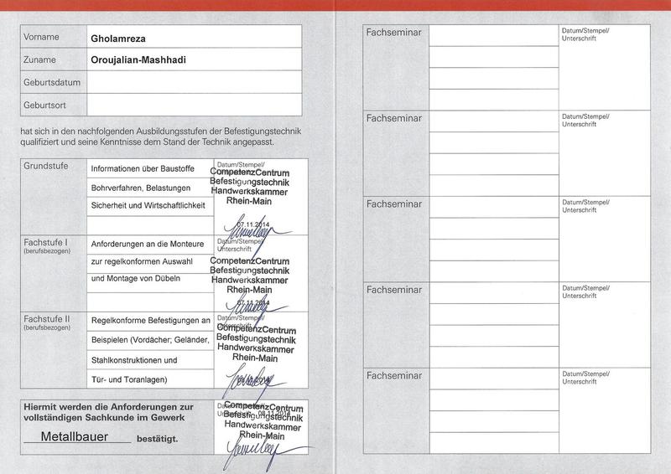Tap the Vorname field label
pyautogui.click(x=42, y=38)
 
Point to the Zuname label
pyautogui.click(x=40, y=60)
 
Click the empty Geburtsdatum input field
pyautogui.click(x=194, y=82)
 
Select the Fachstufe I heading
pyautogui.click(x=47, y=243)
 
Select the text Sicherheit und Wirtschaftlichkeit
pyautogui.click(x=148, y=204)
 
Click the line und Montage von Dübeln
pyautogui.click(x=135, y=279)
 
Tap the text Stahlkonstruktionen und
pyautogui.click(x=134, y=360)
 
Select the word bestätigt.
pyautogui.click(x=158, y=438)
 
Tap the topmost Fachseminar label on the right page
pyautogui.click(x=394, y=32)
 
